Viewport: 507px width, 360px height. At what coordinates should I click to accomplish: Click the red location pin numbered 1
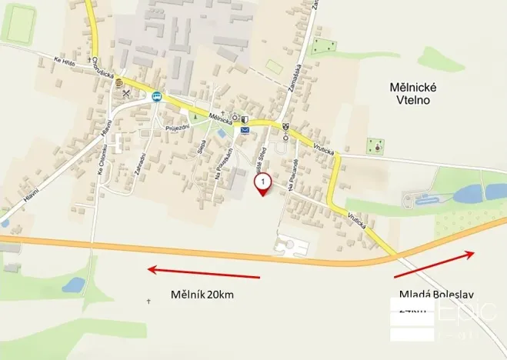[263, 184]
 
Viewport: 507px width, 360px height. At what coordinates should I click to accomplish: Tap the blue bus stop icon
[157, 97]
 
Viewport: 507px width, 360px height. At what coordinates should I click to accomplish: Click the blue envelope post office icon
[245, 131]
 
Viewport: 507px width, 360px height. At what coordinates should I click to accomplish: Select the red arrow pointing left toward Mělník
[204, 272]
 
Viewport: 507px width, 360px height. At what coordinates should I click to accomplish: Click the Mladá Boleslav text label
[437, 294]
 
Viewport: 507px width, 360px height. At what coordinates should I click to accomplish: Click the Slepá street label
[202, 145]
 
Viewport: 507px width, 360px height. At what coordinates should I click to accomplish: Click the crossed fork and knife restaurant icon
[128, 93]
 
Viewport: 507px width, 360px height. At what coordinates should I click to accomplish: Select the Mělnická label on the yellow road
[222, 118]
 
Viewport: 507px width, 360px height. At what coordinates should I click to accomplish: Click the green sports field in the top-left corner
[18, 23]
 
